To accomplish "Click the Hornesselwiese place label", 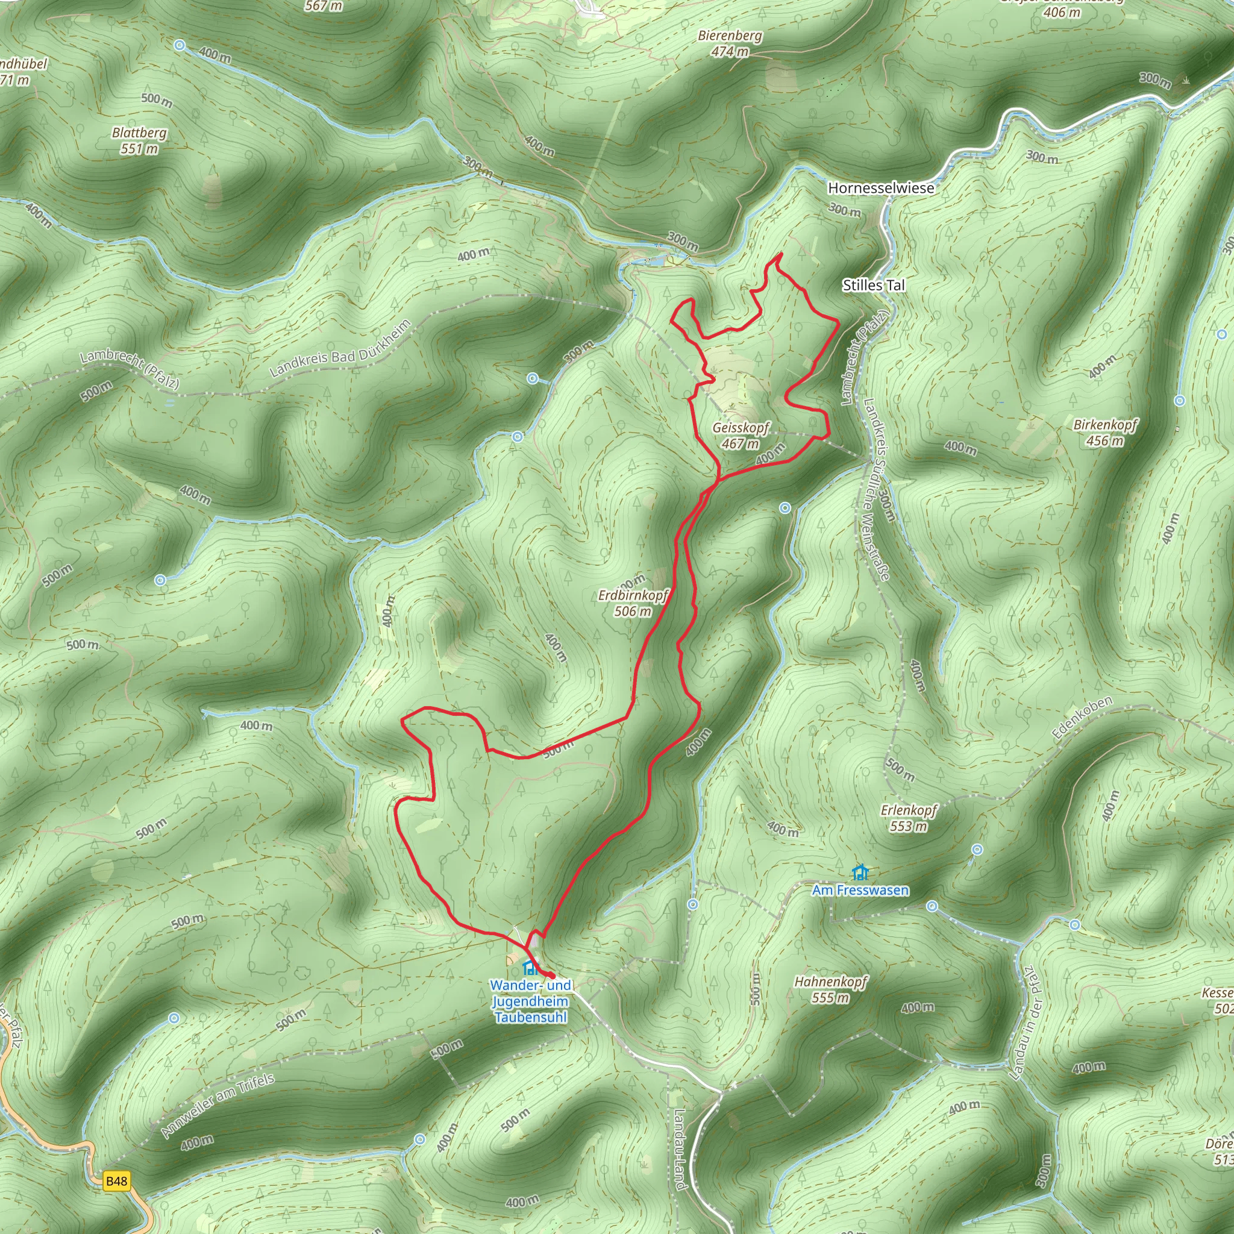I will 880,188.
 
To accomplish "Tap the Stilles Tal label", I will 873,286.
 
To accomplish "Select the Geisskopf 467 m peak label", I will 741,435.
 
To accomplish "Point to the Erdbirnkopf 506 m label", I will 632,603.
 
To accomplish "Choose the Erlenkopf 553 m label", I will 908,818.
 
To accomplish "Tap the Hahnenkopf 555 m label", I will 830,989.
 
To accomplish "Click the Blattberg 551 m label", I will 139,140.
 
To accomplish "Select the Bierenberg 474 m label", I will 730,43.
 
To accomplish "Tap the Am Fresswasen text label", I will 860,891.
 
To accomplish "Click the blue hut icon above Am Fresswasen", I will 860,871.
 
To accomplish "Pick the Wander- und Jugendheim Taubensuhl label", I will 530,1001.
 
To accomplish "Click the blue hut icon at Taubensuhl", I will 529,968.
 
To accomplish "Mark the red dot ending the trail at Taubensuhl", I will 551,976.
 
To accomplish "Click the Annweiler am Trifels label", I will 217,1106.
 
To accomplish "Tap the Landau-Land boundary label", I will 679,1150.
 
